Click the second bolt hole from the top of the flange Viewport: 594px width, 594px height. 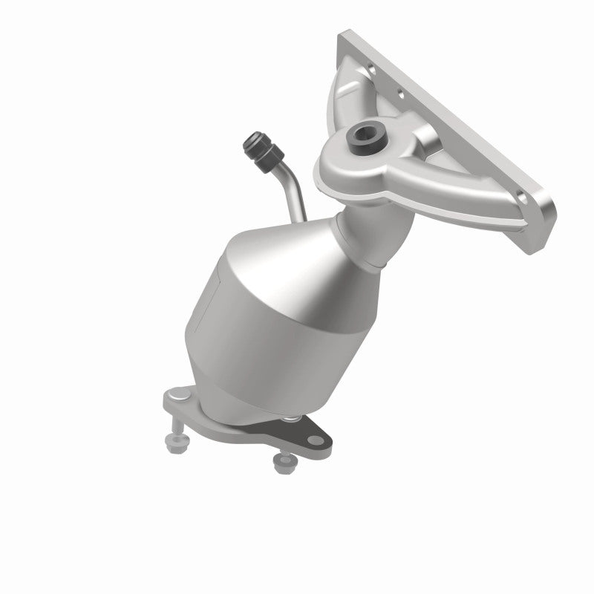click(x=402, y=94)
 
